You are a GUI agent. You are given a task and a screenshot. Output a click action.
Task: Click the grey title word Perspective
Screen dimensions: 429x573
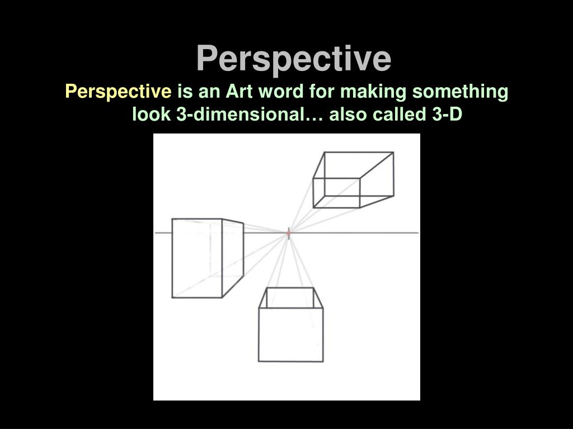pyautogui.click(x=293, y=58)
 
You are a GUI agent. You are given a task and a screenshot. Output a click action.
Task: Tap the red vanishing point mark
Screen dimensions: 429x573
pyautogui.click(x=289, y=233)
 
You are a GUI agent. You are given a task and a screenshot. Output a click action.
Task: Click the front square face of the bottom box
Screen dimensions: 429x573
pyautogui.click(x=290, y=334)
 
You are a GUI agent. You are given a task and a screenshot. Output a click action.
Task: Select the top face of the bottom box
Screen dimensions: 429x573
pyautogui.click(x=291, y=298)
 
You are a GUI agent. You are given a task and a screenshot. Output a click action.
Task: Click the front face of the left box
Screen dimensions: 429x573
pyautogui.click(x=197, y=258)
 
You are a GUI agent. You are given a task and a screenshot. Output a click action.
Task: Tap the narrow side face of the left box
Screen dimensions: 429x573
pyautogui.click(x=233, y=257)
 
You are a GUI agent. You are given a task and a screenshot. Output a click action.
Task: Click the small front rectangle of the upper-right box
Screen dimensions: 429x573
pyautogui.click(x=336, y=193)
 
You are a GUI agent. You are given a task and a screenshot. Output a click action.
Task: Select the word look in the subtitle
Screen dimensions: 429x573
pyautogui.click(x=152, y=115)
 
